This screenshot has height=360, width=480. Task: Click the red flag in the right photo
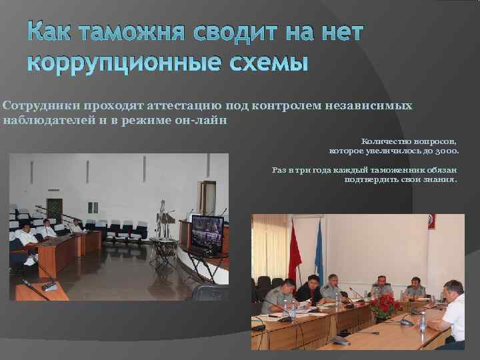tap(293, 250)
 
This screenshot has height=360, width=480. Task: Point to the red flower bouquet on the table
tap(385, 306)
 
